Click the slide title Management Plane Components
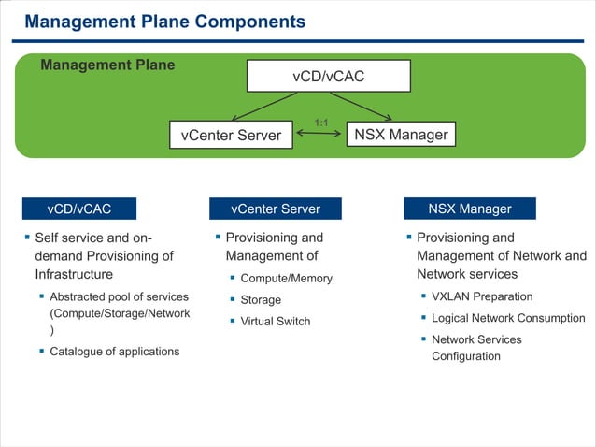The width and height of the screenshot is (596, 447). (164, 21)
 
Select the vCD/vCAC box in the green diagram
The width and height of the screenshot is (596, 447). (328, 76)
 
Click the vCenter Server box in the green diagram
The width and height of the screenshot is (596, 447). (231, 135)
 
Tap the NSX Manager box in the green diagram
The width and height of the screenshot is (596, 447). (401, 135)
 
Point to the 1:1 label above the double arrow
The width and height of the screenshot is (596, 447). (320, 123)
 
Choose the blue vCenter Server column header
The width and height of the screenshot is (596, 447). (275, 209)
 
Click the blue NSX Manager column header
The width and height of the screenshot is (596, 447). (469, 209)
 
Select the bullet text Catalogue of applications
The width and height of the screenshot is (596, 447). (114, 352)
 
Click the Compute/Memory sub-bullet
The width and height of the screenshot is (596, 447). (286, 279)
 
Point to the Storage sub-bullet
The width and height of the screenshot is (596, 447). (261, 300)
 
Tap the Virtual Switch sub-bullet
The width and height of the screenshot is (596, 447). (276, 322)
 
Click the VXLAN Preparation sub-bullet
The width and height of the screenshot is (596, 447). (482, 296)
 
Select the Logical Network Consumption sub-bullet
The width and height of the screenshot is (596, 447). (508, 318)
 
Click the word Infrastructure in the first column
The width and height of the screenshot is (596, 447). (74, 274)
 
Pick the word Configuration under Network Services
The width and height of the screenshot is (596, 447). (465, 356)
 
